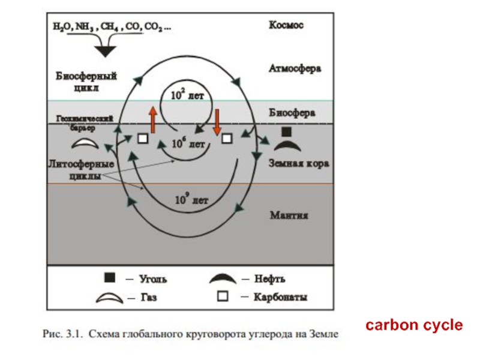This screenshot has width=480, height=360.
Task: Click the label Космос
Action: point(286,25)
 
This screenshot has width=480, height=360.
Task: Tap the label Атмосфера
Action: point(294,68)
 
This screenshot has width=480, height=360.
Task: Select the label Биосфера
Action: point(292,112)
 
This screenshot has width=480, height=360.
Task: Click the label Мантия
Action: point(289,215)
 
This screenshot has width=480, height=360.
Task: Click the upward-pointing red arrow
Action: point(153,119)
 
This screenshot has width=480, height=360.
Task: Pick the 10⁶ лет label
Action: point(188,143)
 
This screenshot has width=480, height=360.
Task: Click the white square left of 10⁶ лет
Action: point(142,139)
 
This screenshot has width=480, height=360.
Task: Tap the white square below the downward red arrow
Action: point(227,139)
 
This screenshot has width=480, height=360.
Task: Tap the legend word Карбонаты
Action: point(281,297)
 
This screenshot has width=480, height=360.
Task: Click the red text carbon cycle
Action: point(415,325)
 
